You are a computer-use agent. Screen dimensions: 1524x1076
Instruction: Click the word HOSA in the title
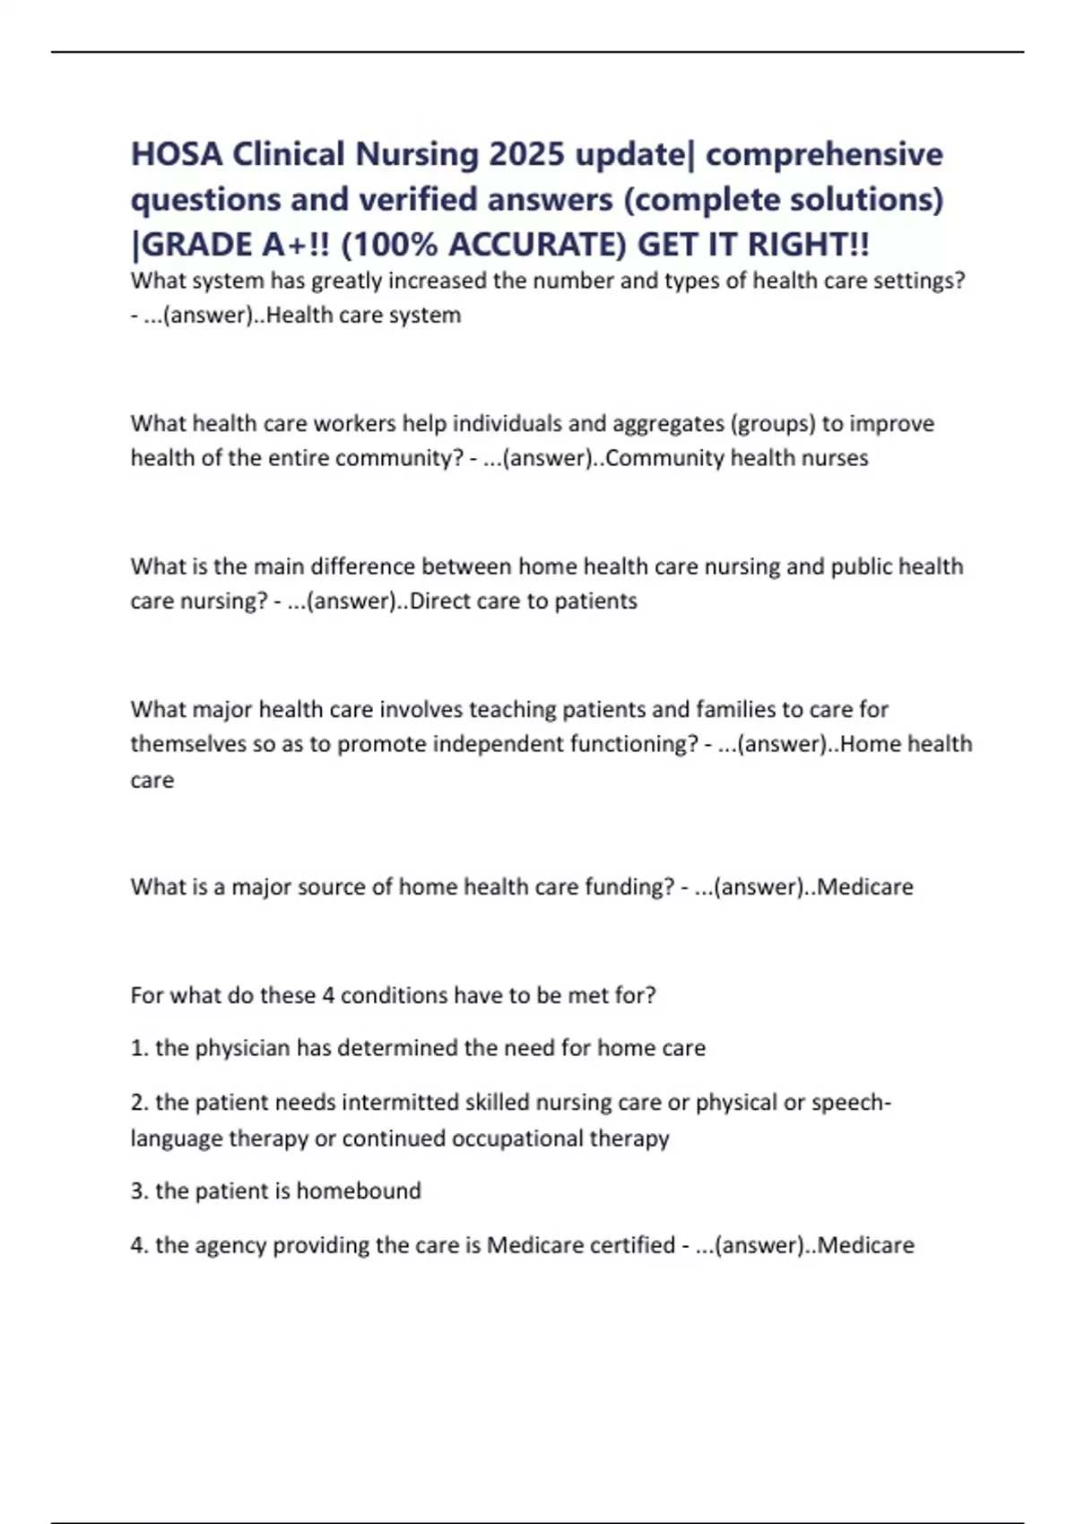tap(176, 154)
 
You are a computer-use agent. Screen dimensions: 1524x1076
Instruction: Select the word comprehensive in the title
tap(824, 154)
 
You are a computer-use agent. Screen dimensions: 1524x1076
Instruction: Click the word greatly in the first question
tap(346, 281)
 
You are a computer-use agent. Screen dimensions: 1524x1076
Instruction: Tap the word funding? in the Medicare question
tap(629, 887)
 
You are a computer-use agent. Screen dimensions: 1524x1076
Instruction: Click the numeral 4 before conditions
tap(328, 995)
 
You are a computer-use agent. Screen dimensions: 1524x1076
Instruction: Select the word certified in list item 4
tap(631, 1245)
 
